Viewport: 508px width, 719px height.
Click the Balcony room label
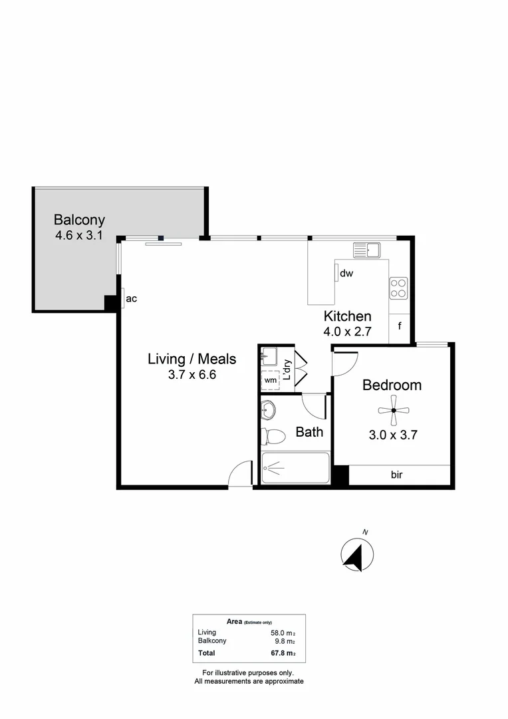pyautogui.click(x=80, y=220)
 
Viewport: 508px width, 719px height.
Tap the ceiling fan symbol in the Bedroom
pyautogui.click(x=394, y=410)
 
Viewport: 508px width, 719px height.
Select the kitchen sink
pyautogui.click(x=366, y=250)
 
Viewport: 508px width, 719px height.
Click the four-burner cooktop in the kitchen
pyautogui.click(x=398, y=288)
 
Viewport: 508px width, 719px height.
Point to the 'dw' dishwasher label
pyautogui.click(x=346, y=273)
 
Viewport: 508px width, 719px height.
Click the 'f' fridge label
pyautogui.click(x=400, y=326)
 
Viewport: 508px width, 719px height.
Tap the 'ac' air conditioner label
pyautogui.click(x=131, y=298)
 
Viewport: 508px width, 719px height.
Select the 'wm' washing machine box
pyautogui.click(x=271, y=380)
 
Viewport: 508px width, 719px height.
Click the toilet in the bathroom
pyautogui.click(x=273, y=436)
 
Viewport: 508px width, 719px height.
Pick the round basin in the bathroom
pyautogui.click(x=268, y=410)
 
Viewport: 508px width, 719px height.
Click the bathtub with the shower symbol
pyautogui.click(x=295, y=469)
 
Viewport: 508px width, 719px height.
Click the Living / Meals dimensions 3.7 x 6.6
pyautogui.click(x=192, y=375)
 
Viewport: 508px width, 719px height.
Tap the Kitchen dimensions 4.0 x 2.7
pyautogui.click(x=347, y=331)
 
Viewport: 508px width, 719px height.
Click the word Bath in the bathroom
pyautogui.click(x=309, y=432)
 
